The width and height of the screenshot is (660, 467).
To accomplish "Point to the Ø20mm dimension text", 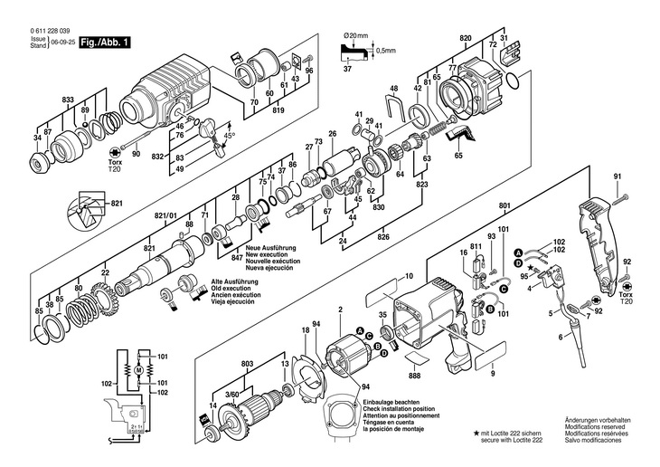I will tap(357, 34).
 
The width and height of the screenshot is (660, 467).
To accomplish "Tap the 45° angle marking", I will tap(229, 135).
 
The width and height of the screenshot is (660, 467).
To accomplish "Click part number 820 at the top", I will tap(466, 38).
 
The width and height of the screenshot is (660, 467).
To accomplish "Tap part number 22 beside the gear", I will tap(105, 272).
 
